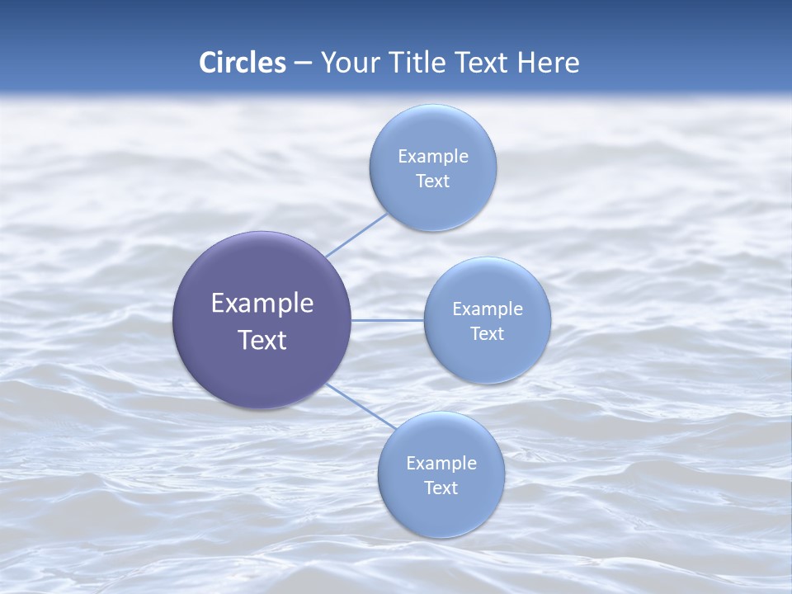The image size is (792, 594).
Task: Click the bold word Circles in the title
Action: pos(243,63)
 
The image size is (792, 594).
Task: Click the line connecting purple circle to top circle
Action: pos(356,234)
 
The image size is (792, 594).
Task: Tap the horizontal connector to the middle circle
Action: pos(387,320)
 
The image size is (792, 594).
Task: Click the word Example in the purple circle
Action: pos(262,304)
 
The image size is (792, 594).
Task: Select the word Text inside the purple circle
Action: pos(262,340)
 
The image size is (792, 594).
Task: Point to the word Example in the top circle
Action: pos(433,157)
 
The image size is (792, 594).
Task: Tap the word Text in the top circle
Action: pos(432,181)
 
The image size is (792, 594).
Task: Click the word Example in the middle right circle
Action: pos(488,309)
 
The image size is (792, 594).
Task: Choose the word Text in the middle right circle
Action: pos(487,334)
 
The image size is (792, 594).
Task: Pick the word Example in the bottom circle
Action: pos(441,464)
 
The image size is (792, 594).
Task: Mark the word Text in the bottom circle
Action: pos(441,488)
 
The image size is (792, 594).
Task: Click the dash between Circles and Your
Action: pos(303,64)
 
